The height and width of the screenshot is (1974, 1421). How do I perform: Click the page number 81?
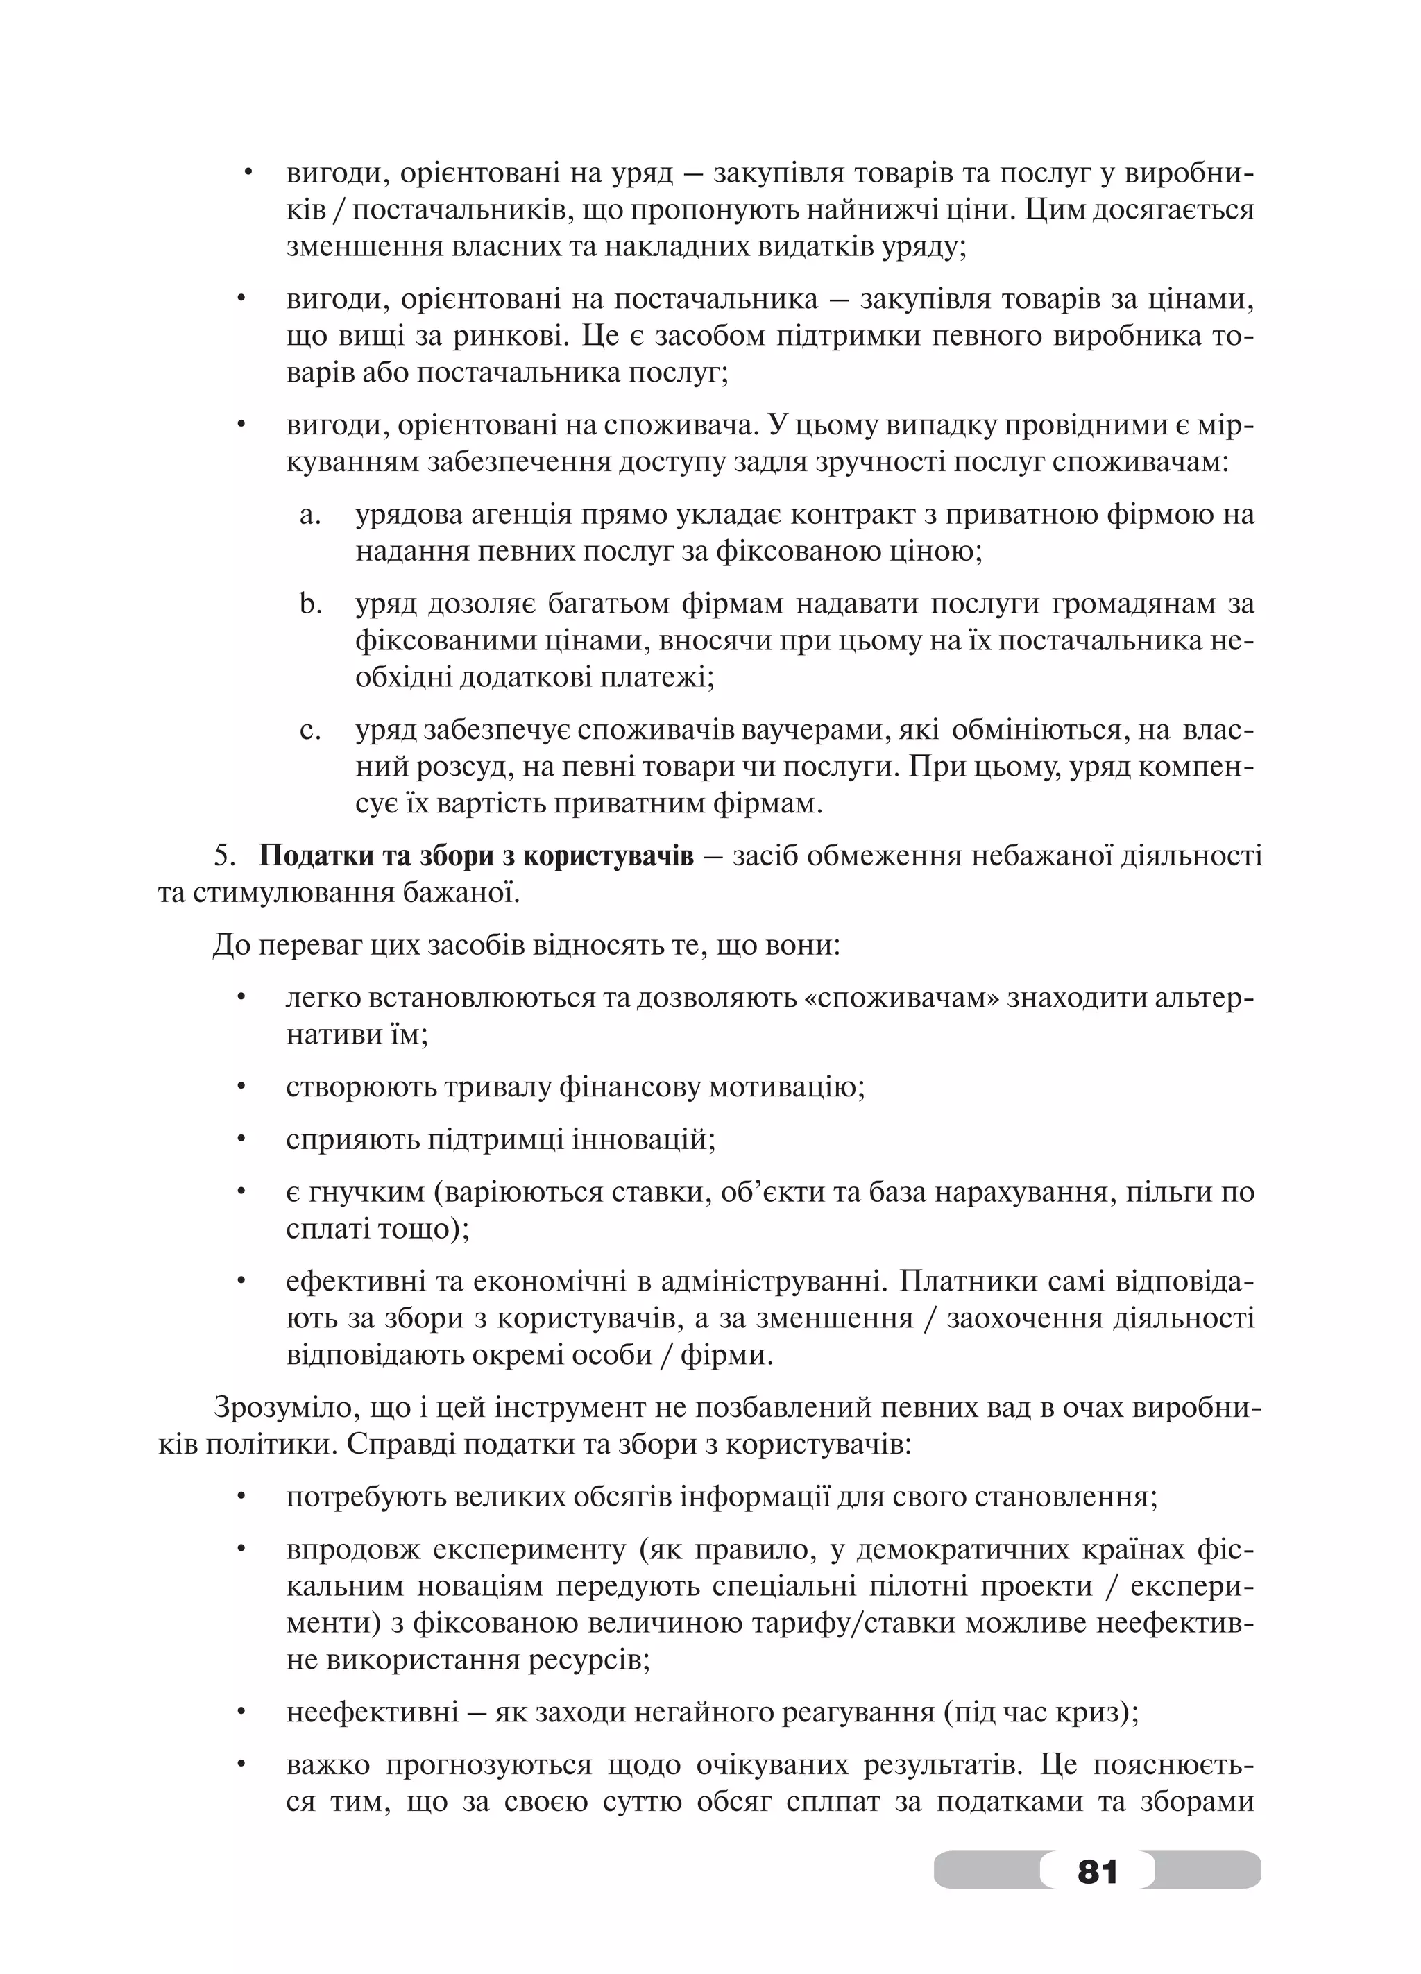pyautogui.click(x=1097, y=1871)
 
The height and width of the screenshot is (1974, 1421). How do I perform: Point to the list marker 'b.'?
pyautogui.click(x=312, y=603)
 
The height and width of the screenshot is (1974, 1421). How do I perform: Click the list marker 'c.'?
pyautogui.click(x=311, y=729)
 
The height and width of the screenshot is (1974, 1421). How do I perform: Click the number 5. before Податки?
pyautogui.click(x=226, y=856)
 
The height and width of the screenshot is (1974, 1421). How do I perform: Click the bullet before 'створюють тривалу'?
pyautogui.click(x=242, y=1087)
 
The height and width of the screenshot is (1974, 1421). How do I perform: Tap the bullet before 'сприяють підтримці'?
pyautogui.click(x=242, y=1139)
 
